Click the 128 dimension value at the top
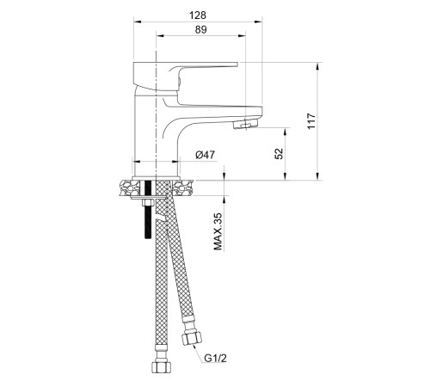[x=198, y=15]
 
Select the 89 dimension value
[x=200, y=29]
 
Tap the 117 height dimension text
[x=311, y=121]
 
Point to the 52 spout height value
[x=279, y=153]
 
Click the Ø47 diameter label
[x=205, y=155]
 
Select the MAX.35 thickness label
[x=218, y=231]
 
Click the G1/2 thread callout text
[x=215, y=358]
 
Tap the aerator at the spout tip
[x=246, y=124]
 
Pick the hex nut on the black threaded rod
[x=148, y=203]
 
